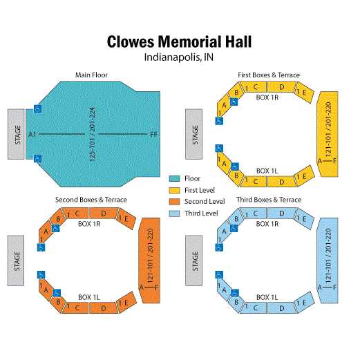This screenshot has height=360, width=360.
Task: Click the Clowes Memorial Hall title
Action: pos(179,41)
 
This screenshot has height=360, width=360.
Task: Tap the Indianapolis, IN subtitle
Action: pos(179,57)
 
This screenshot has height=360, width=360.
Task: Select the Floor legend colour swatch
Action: pos(174,178)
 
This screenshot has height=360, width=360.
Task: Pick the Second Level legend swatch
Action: pos(174,202)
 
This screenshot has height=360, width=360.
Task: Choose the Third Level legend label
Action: pos(201,214)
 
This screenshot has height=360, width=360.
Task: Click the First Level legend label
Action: pos(200,190)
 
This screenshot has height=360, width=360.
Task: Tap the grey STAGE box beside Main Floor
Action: pos(16,134)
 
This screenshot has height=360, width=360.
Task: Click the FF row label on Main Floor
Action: pos(153,134)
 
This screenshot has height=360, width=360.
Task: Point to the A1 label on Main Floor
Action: pos(32,134)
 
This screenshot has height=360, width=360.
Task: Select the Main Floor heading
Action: pos(91,75)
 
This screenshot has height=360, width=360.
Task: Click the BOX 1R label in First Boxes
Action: pos(267,97)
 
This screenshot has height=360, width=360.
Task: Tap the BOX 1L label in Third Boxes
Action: pos(267,297)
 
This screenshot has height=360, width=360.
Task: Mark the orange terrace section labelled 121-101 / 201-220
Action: pos(149,260)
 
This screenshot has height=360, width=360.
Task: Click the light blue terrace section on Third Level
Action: pos(328,260)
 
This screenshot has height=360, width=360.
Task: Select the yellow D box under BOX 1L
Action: pos(282,182)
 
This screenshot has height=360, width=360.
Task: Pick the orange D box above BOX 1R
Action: pos(104,214)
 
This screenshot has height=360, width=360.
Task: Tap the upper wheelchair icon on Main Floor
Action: pos(37,108)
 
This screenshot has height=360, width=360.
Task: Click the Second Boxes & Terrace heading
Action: pos(91,200)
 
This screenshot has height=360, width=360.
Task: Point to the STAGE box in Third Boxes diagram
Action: pos(194,260)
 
